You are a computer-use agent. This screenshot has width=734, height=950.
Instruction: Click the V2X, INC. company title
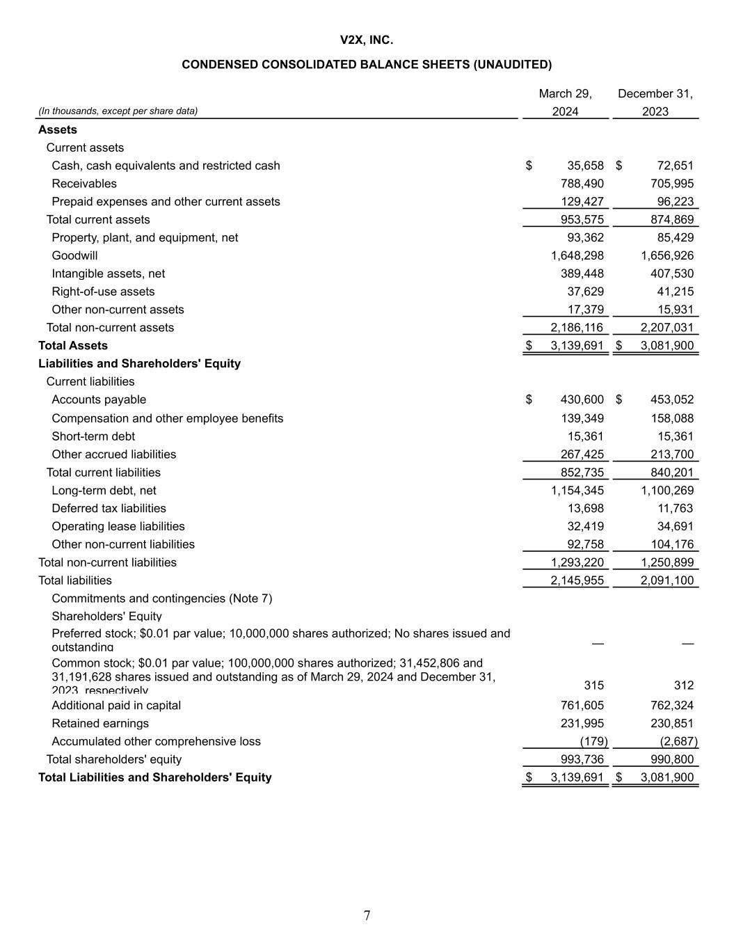coord(367,40)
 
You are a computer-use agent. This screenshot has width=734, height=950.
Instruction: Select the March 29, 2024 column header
coord(565,102)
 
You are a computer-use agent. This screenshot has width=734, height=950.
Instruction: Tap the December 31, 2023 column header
coord(655,102)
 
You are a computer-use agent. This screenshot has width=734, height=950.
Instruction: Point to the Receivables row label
coord(84,184)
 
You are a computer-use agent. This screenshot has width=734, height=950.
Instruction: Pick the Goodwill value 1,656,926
coord(667,255)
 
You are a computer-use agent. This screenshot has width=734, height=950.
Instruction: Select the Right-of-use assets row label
coord(103,292)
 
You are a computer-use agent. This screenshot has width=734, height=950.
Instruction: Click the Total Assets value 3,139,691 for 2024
coord(577,346)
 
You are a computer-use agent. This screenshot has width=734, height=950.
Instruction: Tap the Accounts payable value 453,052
coord(672,399)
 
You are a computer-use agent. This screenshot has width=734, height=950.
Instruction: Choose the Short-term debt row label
coord(93,436)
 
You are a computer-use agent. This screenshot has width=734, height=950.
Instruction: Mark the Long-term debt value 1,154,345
coord(577,491)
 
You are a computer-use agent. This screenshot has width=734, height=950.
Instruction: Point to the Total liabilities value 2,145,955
coord(577,580)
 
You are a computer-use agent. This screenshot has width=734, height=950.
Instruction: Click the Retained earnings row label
coord(100,724)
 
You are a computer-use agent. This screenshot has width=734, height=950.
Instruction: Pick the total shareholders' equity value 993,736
coord(582,760)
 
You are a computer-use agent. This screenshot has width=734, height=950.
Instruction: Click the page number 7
coord(367,916)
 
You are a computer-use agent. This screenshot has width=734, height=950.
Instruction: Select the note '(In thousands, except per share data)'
coord(118,111)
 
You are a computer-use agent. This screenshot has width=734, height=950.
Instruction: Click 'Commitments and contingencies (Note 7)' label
coord(161,599)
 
